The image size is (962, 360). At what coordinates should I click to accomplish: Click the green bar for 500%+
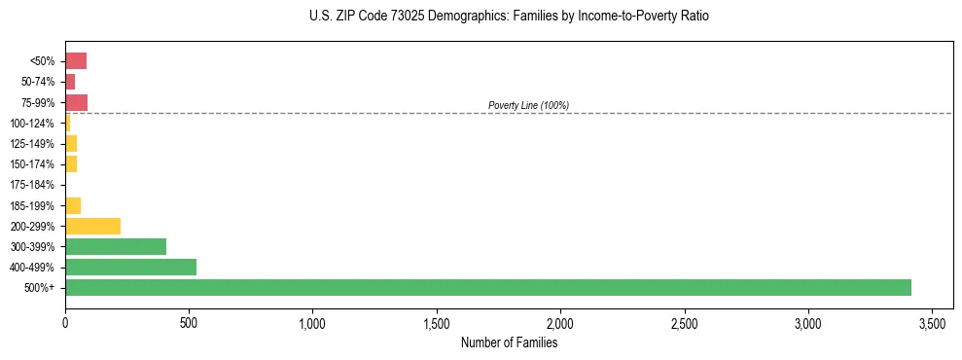[487, 287]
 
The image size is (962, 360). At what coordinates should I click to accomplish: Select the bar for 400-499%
[130, 267]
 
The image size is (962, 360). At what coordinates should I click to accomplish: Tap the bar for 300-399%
[116, 246]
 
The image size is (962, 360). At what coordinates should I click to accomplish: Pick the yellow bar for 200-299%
[92, 226]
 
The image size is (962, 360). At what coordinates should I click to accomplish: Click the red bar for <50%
[76, 61]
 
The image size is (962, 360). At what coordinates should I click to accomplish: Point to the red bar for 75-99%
[76, 102]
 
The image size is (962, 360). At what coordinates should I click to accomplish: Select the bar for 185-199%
[73, 205]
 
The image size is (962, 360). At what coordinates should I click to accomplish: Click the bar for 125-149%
[71, 144]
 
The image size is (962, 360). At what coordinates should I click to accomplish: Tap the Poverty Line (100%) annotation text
[528, 105]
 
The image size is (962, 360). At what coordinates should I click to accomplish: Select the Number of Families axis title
[509, 342]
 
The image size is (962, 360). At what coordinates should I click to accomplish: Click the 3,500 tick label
[932, 322]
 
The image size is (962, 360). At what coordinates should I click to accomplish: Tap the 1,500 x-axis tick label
[437, 322]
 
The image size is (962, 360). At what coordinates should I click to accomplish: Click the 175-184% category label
[32, 185]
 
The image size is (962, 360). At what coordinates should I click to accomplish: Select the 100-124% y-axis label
[32, 124]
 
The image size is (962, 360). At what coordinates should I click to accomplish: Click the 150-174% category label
[32, 164]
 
